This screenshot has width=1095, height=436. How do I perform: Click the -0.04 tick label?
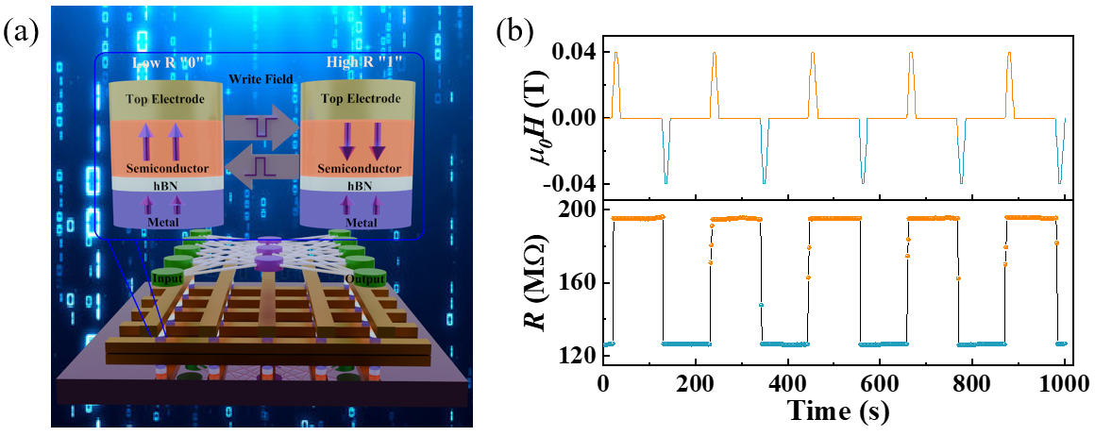tap(569, 183)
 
